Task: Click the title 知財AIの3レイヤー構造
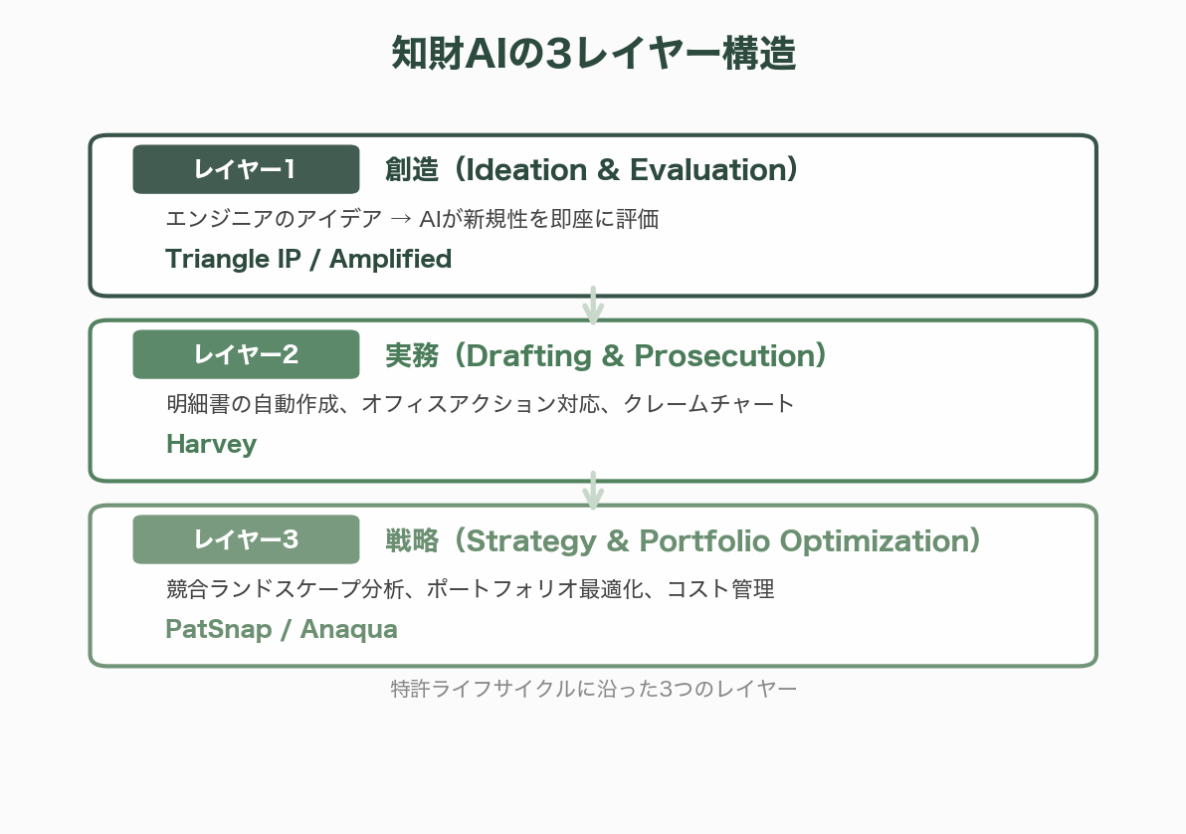(x=593, y=55)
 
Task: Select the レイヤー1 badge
(x=246, y=169)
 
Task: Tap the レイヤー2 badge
(x=246, y=354)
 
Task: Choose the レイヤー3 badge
(x=246, y=539)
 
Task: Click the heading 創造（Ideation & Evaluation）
(x=592, y=170)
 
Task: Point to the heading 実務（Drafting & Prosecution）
(x=606, y=355)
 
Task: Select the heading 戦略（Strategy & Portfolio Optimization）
(x=684, y=540)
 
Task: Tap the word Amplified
(x=390, y=259)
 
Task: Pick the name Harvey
(x=211, y=444)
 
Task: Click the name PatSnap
(x=214, y=629)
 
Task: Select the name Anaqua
(x=348, y=629)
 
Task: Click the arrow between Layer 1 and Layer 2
(x=593, y=306)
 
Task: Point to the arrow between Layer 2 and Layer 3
(x=593, y=491)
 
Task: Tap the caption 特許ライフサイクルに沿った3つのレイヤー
(x=593, y=689)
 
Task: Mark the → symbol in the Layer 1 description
(x=401, y=219)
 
